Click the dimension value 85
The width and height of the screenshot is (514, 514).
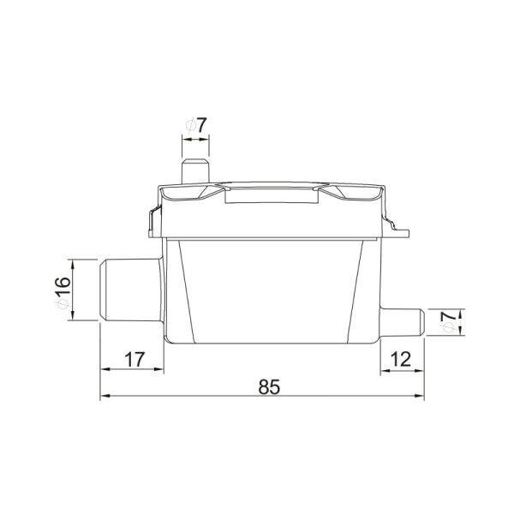coord(269,387)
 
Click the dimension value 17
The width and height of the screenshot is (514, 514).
coord(134,360)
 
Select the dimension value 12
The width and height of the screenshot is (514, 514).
coord(401,360)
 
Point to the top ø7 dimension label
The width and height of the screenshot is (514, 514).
coord(196,125)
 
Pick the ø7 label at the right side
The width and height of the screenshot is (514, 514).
coord(450,321)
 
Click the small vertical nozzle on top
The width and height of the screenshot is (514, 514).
coord(195,171)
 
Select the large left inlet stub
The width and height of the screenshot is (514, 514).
coord(131,290)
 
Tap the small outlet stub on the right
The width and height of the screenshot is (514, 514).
coord(403,322)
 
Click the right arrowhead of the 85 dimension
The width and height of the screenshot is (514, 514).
coord(420,396)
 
